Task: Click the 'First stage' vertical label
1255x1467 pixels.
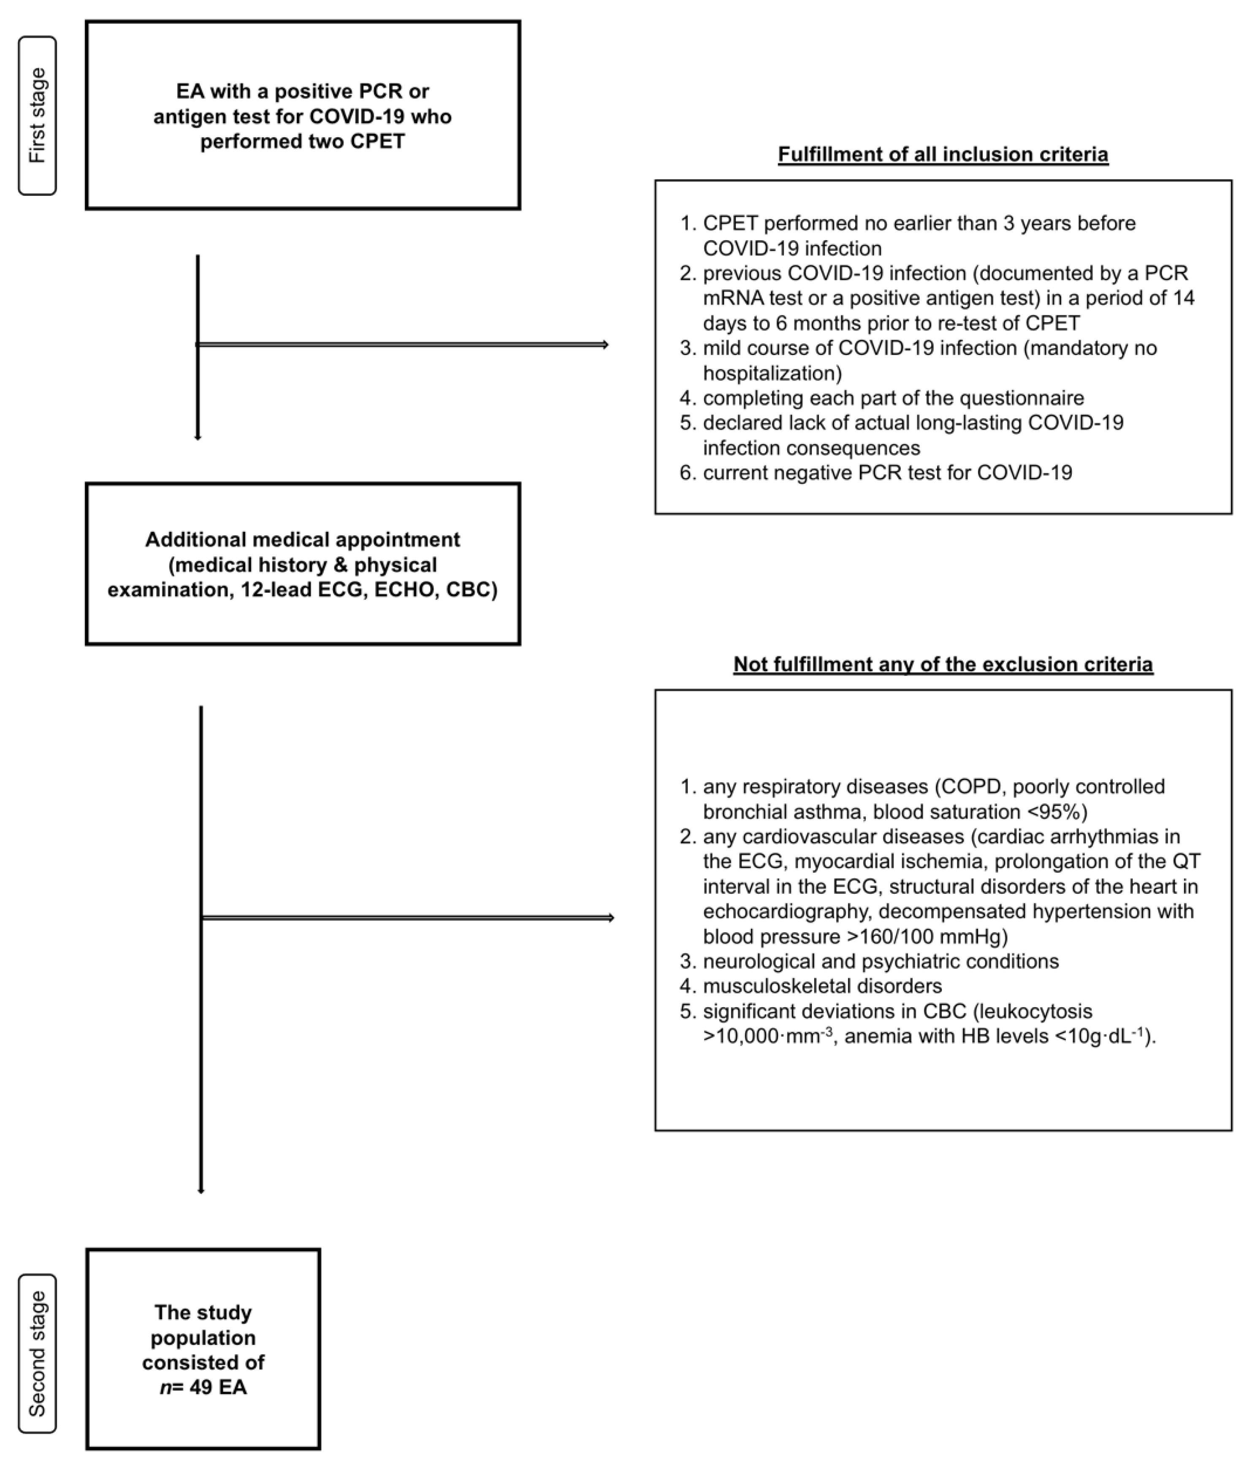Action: (37, 115)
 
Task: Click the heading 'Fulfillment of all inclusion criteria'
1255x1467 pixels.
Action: (943, 155)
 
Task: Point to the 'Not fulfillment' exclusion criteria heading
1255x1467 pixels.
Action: (943, 664)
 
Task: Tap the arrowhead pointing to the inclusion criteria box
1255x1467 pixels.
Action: (605, 345)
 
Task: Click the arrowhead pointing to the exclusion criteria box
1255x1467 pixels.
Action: (611, 918)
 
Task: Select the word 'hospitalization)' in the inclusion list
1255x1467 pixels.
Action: (772, 373)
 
